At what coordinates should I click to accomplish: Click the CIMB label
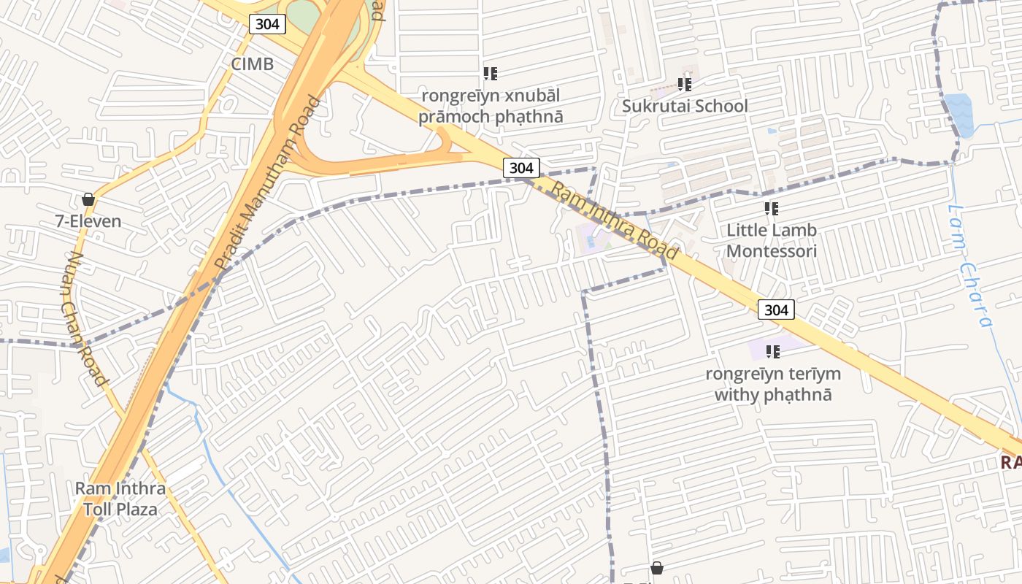click(252, 64)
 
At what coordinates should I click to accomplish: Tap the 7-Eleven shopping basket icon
click(88, 199)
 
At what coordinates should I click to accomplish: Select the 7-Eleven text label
click(88, 221)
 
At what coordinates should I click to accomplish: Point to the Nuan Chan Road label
click(85, 318)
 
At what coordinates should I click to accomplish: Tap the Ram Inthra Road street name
click(615, 220)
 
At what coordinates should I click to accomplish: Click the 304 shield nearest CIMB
click(267, 24)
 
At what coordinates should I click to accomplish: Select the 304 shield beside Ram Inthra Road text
click(521, 168)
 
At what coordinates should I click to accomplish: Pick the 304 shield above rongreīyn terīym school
click(775, 310)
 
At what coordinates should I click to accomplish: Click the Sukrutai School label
click(685, 107)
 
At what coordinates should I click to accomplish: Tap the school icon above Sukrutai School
click(684, 85)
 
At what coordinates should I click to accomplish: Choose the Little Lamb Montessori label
click(772, 241)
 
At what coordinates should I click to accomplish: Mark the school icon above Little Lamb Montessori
click(772, 210)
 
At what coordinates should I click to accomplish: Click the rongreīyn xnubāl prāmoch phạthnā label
click(491, 107)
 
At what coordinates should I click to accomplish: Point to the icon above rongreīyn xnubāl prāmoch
click(491, 74)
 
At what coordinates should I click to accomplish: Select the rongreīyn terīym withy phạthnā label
click(773, 385)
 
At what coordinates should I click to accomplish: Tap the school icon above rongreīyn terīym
click(773, 352)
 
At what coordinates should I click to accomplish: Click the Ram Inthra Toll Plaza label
click(120, 499)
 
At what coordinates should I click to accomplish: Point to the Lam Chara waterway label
click(972, 266)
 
